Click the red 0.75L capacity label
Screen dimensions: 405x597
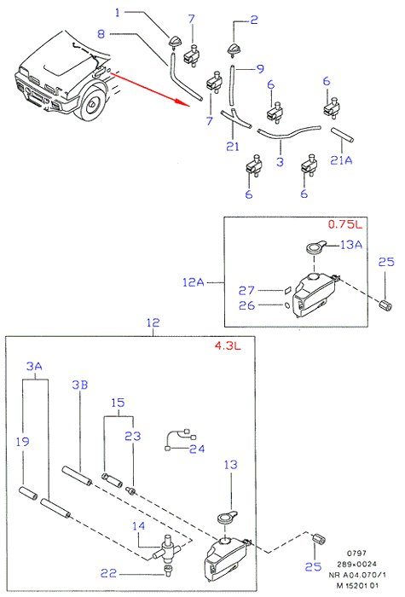pyautogui.click(x=344, y=224)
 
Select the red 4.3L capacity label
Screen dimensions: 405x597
pyautogui.click(x=228, y=346)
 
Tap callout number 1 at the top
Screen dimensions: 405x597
pyautogui.click(x=118, y=13)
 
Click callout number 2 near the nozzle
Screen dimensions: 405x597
pyautogui.click(x=254, y=20)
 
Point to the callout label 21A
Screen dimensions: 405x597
pyautogui.click(x=341, y=160)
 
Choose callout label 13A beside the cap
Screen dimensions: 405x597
pyautogui.click(x=351, y=245)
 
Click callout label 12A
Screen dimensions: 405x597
pyautogui.click(x=194, y=282)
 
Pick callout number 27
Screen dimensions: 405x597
pyautogui.click(x=246, y=291)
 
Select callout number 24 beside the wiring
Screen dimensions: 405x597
pyautogui.click(x=197, y=449)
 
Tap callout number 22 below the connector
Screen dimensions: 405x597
pyautogui.click(x=108, y=573)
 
